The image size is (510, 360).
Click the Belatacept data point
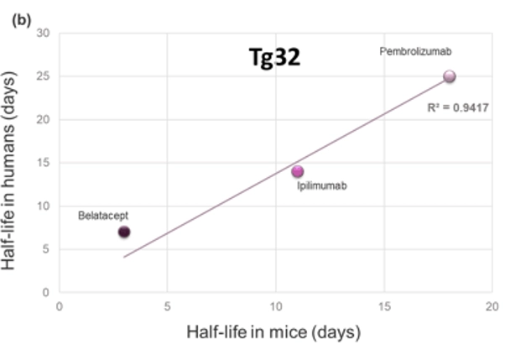point(124,232)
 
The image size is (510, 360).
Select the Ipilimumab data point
point(298,171)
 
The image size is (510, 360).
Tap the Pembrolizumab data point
point(450,76)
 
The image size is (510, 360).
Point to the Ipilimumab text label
point(322,185)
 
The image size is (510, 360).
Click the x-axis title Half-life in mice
point(273,332)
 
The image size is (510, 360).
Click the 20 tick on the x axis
point(492,306)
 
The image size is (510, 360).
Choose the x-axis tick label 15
point(384,306)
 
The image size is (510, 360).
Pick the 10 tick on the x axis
point(276,306)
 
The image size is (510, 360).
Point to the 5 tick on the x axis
point(168,306)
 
